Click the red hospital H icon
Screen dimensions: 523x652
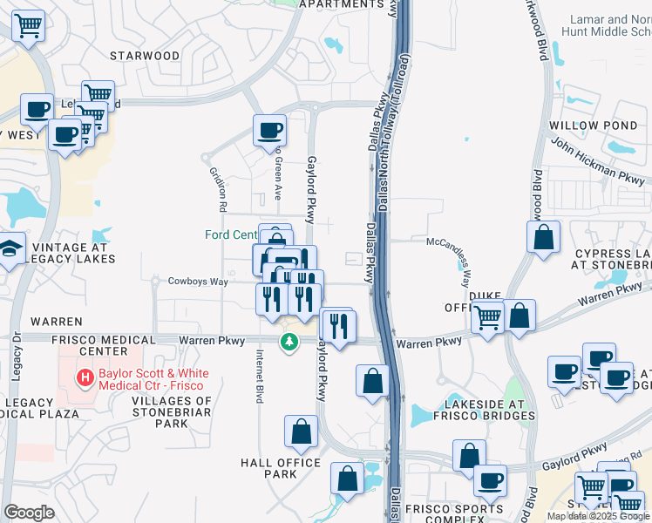click(x=85, y=377)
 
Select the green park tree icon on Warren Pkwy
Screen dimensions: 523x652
click(x=289, y=342)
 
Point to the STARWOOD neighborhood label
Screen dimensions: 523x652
click(x=145, y=56)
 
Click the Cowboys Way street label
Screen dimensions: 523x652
click(x=198, y=282)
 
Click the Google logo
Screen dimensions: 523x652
click(x=29, y=513)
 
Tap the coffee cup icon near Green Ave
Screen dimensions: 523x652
click(x=269, y=131)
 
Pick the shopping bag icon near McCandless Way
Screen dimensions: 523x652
click(x=543, y=237)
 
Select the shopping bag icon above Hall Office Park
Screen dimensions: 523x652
click(x=301, y=431)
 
